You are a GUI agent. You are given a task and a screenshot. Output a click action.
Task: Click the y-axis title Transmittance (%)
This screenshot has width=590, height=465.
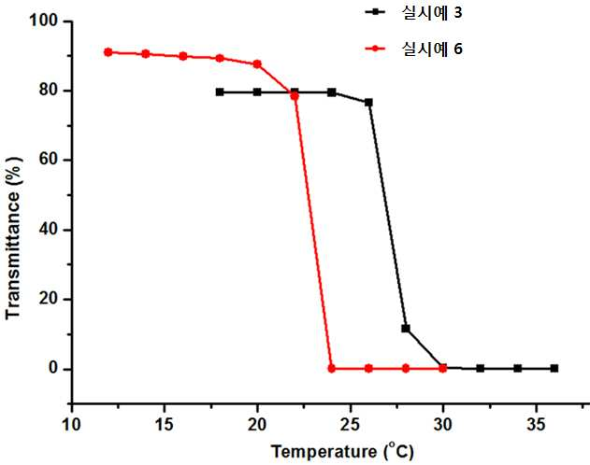(13, 238)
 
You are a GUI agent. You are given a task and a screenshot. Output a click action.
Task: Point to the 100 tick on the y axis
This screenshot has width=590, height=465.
(45, 21)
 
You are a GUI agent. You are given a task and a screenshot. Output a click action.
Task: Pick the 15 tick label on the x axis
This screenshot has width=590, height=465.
(164, 425)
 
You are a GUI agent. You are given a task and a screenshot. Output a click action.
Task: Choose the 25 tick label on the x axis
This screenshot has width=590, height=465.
(351, 425)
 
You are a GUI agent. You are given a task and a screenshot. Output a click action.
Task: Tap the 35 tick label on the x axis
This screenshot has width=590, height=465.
(536, 425)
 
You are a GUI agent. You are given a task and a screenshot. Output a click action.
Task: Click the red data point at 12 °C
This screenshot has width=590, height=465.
(108, 52)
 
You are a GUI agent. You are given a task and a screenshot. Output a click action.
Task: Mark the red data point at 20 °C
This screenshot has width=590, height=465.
(257, 64)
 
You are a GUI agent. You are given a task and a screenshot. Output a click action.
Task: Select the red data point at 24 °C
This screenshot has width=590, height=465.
(332, 369)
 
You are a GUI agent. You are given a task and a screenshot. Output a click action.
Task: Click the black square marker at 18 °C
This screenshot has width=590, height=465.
(220, 92)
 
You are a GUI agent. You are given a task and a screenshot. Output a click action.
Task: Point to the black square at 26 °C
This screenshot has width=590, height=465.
(368, 102)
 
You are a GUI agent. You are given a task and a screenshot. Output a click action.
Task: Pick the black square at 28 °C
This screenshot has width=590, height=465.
(406, 329)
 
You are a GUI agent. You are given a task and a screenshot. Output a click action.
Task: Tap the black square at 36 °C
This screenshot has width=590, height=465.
(554, 368)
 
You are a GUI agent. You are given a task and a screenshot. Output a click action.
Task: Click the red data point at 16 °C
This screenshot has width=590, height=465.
(183, 56)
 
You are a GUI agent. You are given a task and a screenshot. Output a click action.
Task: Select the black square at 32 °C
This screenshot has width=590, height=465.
(480, 368)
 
